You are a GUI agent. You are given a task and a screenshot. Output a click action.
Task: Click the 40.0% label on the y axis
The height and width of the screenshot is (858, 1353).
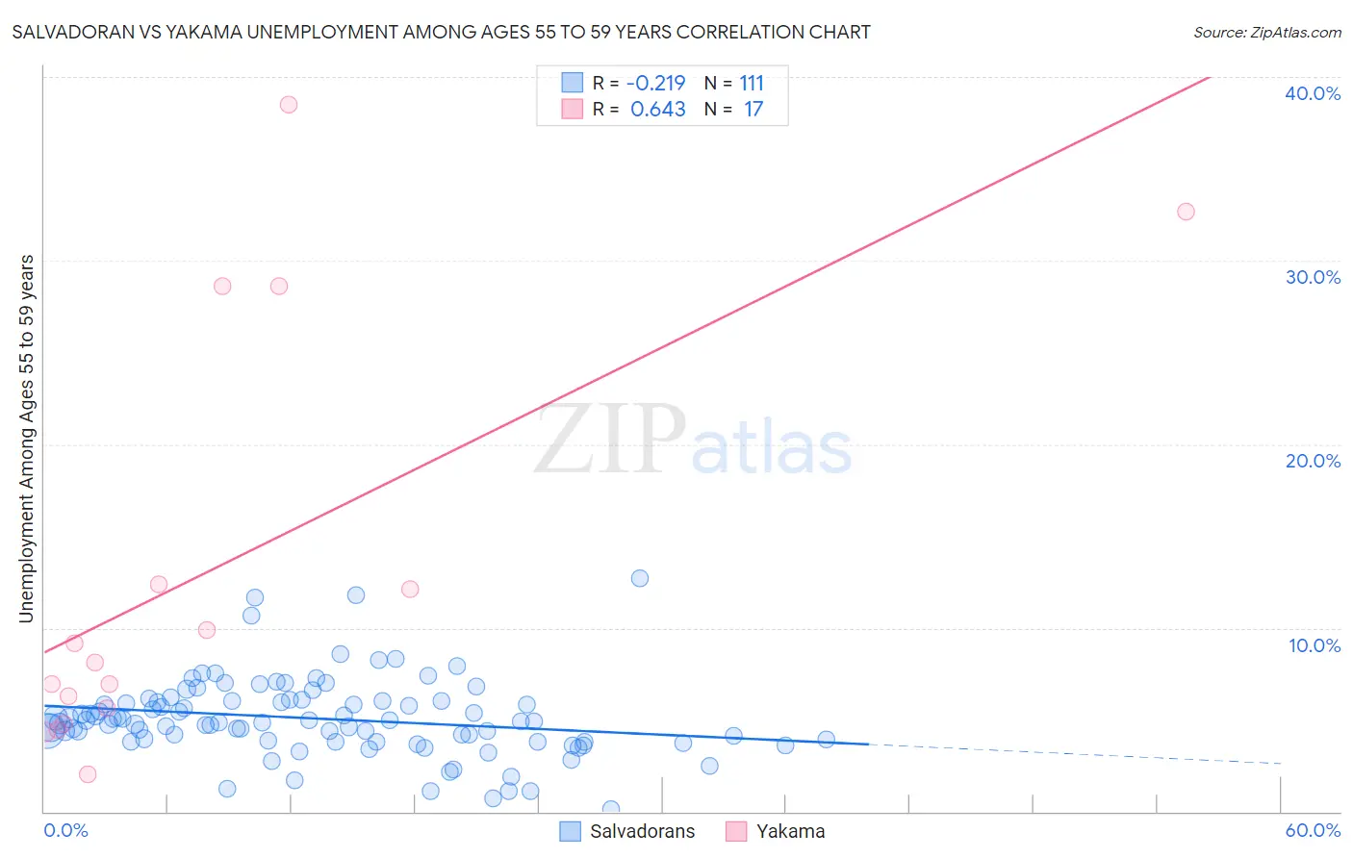click(1312, 93)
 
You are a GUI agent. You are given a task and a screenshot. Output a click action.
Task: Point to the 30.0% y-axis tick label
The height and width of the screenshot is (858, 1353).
click(1312, 277)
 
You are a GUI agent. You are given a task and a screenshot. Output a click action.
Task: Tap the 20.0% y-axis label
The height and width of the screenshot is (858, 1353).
click(1312, 461)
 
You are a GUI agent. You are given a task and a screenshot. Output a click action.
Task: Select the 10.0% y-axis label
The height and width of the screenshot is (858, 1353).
click(1314, 645)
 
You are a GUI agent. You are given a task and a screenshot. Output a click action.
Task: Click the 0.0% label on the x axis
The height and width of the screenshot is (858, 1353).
click(65, 830)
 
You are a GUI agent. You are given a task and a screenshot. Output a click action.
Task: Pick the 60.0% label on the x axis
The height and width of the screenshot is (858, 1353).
click(1312, 830)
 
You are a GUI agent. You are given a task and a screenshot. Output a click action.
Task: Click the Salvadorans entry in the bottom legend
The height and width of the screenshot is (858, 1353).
click(641, 831)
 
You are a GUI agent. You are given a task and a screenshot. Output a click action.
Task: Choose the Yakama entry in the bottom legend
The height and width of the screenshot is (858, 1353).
click(789, 831)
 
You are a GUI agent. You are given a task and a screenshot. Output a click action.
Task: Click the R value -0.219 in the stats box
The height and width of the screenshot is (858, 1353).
click(655, 84)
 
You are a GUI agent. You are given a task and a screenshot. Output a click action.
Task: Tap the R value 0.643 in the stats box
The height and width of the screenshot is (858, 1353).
click(657, 110)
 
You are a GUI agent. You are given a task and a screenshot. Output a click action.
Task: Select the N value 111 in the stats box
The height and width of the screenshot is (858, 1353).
click(752, 84)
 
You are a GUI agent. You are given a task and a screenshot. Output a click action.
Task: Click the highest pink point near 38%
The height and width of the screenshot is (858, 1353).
click(289, 105)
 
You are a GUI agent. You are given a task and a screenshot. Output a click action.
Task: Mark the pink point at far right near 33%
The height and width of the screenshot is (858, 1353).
click(1186, 212)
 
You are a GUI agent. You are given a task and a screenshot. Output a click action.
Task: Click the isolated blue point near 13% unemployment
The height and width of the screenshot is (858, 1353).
click(640, 578)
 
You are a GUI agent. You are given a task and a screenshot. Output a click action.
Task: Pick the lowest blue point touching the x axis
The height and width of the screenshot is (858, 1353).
click(610, 809)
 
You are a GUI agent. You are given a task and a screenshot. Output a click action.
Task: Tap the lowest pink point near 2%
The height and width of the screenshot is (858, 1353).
click(88, 774)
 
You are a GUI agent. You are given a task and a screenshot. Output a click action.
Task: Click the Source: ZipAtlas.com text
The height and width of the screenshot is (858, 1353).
click(1266, 32)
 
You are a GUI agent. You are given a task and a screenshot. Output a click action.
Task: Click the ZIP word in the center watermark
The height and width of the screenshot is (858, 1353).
click(610, 441)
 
